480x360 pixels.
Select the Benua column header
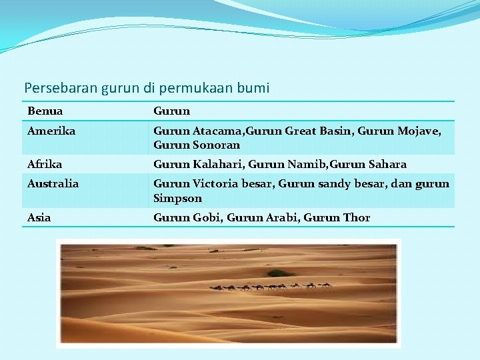click(45, 111)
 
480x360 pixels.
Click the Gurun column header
click(171, 111)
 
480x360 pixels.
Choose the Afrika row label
click(45, 164)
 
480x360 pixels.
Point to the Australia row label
click(53, 183)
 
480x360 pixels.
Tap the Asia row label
click(39, 217)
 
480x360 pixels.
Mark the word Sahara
click(386, 164)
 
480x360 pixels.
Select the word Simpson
click(177, 198)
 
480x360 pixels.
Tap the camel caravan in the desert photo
click(271, 287)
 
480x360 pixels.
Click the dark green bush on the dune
click(281, 273)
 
